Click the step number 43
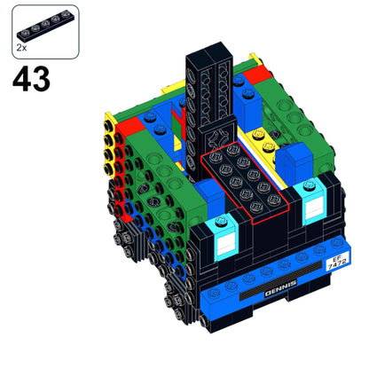pyautogui.click(x=32, y=80)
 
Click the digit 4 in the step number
pyautogui.click(x=21, y=80)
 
